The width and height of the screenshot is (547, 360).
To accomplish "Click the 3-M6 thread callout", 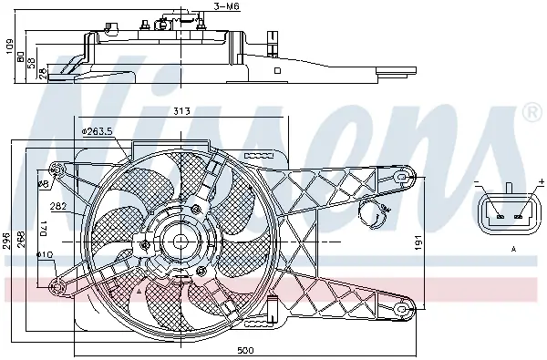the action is tap(227, 6).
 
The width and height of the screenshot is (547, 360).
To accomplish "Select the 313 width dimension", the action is tap(181, 111).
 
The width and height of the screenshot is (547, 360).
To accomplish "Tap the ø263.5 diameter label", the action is tap(97, 131).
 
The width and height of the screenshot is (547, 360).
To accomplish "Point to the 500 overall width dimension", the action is tap(245, 350).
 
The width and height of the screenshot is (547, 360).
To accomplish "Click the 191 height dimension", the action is tap(419, 243).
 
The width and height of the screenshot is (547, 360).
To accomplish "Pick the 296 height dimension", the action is tap(6, 242).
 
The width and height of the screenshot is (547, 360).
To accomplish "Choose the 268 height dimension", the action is tap(22, 240).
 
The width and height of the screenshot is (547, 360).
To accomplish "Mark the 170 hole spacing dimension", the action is tap(43, 228).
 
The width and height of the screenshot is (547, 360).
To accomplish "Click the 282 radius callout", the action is tap(58, 206).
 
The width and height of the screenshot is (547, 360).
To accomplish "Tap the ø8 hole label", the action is tap(43, 183).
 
